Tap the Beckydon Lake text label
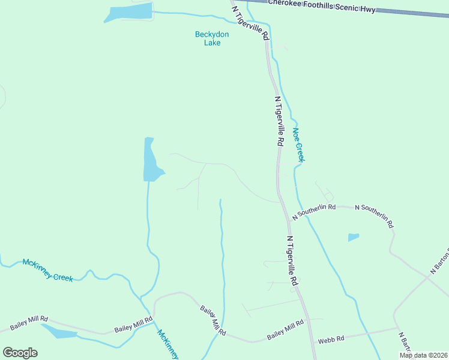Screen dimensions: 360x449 click(208, 38)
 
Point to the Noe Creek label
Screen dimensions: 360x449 click(298, 145)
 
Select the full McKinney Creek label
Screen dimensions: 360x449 click(47, 269)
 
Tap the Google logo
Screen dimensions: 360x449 click(20, 353)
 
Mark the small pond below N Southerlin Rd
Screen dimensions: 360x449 click(354, 237)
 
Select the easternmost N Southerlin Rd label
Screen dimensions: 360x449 click(374, 215)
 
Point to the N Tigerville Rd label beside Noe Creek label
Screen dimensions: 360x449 click(279, 121)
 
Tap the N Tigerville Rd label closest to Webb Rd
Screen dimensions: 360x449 click(292, 260)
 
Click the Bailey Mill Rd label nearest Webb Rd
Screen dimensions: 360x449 click(286, 328)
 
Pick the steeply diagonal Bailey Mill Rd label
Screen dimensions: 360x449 click(212, 320)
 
